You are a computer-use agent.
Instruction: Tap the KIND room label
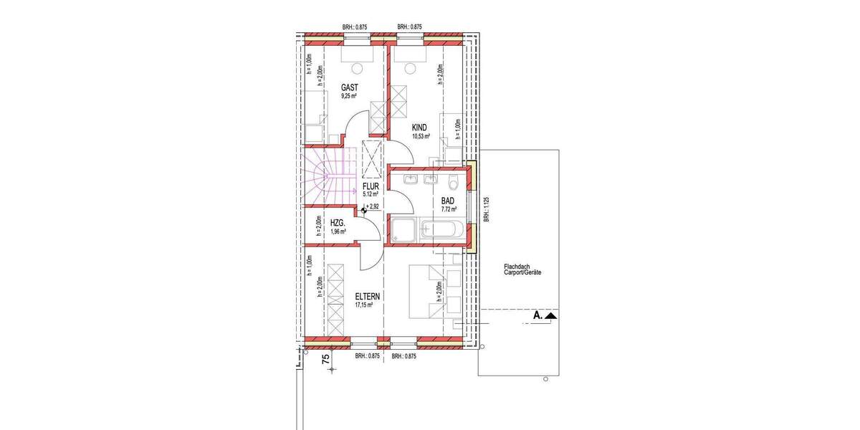tap(419, 127)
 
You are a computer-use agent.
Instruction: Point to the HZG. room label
tap(338, 223)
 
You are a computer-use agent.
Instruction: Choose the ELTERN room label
tap(366, 295)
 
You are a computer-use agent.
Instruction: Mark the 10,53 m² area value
tap(420, 136)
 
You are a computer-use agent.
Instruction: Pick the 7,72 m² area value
tap(449, 211)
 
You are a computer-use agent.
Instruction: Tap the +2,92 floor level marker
tap(372, 206)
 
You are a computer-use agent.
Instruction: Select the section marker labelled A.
tap(542, 315)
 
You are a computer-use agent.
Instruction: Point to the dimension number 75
tap(325, 360)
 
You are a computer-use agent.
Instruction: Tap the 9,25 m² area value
tap(349, 95)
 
